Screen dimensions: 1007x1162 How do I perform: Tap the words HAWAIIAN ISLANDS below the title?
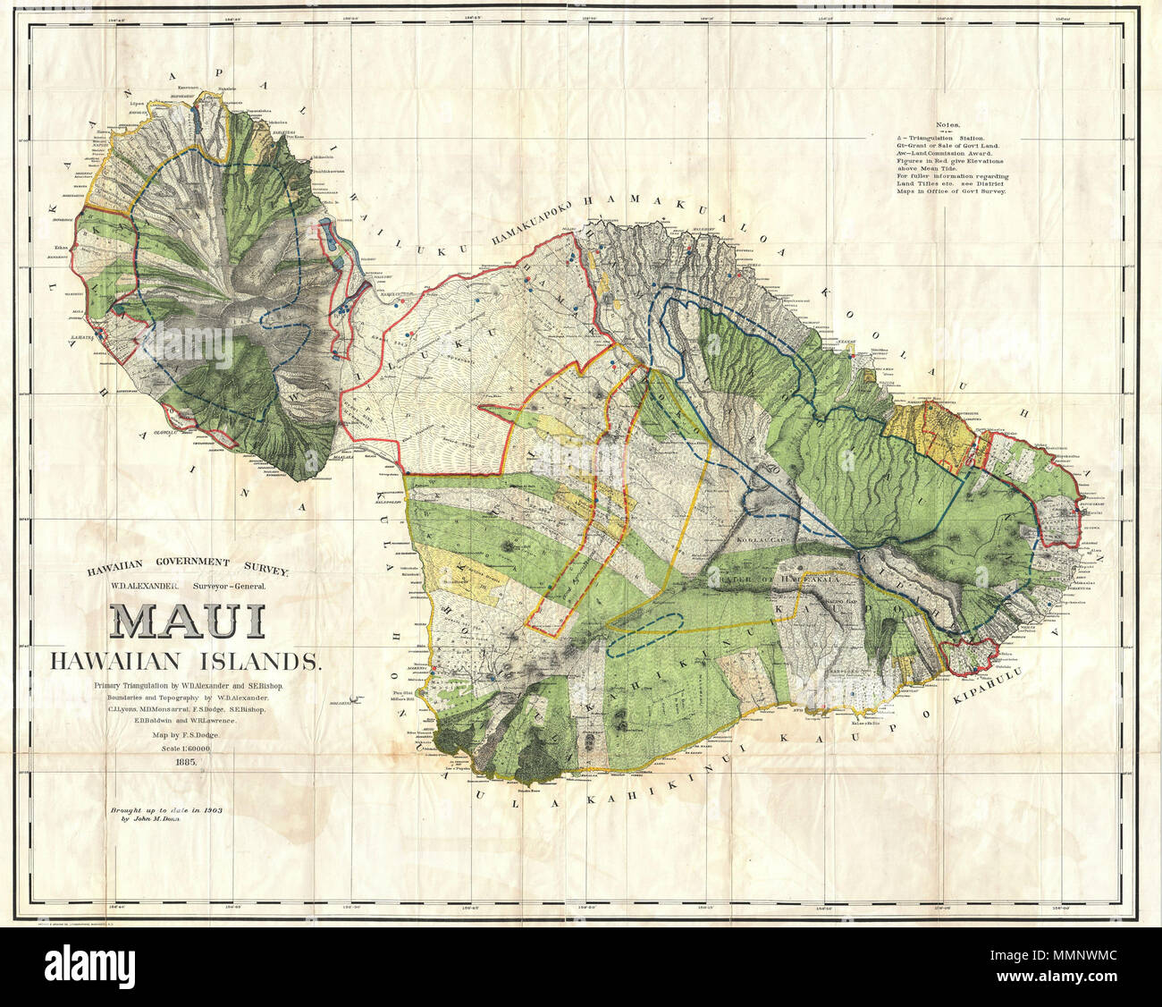tap(185, 661)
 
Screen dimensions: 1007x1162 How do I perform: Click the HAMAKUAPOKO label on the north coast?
tap(535, 227)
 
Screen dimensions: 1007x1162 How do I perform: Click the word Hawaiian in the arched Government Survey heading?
tap(121, 565)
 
